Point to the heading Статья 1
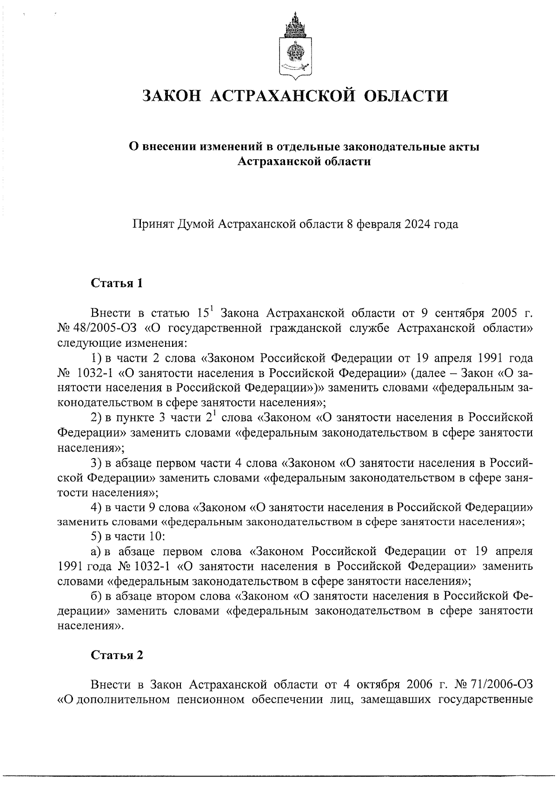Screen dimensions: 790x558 116,284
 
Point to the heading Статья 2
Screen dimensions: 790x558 117,655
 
